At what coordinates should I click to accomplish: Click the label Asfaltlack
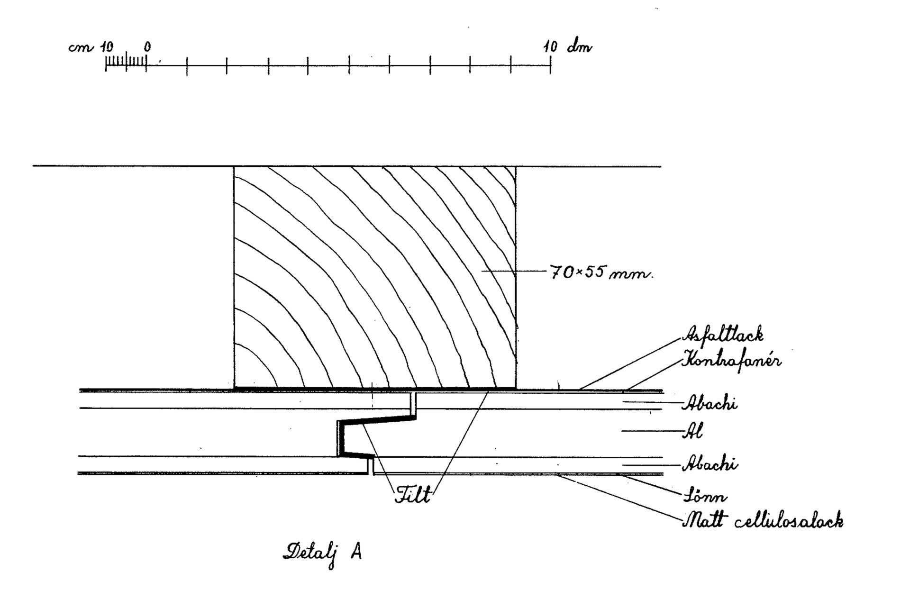pos(722,334)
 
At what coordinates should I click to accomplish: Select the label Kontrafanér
pos(731,361)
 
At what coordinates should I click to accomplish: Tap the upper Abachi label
pos(710,404)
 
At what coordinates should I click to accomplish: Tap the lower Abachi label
pos(710,464)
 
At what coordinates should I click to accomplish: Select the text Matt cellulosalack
pos(763,521)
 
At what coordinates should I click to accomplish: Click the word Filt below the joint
pos(413,495)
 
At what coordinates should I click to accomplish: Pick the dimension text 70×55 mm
pos(601,273)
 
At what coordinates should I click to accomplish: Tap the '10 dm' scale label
pos(567,47)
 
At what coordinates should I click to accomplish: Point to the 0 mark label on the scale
pos(147,47)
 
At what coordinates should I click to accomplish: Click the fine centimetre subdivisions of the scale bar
pos(126,62)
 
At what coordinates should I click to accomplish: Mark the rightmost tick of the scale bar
pos(550,65)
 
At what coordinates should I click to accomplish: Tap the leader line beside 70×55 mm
pos(514,272)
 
